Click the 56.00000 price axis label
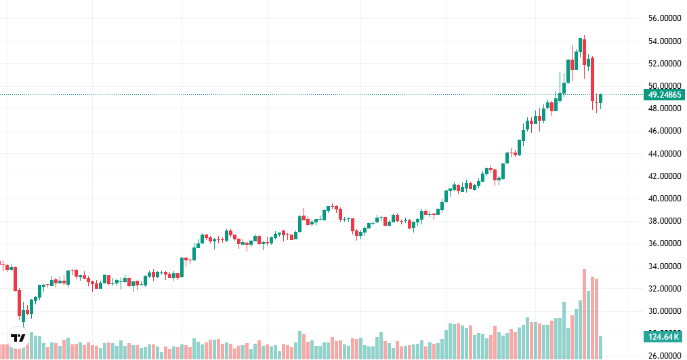point(664,18)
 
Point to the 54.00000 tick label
point(664,41)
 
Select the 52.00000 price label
point(664,64)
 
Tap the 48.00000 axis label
point(664,108)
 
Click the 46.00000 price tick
point(664,131)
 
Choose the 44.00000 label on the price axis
point(664,154)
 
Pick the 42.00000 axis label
point(664,176)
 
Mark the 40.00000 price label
point(664,199)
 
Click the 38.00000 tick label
point(664,221)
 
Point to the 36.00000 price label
point(664,243)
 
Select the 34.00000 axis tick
point(664,266)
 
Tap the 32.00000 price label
point(664,289)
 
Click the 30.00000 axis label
point(664,311)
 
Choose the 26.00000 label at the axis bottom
point(664,355)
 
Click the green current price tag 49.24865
point(664,95)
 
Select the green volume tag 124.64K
point(664,336)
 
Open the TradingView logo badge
point(18,337)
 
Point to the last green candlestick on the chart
point(600,99)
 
